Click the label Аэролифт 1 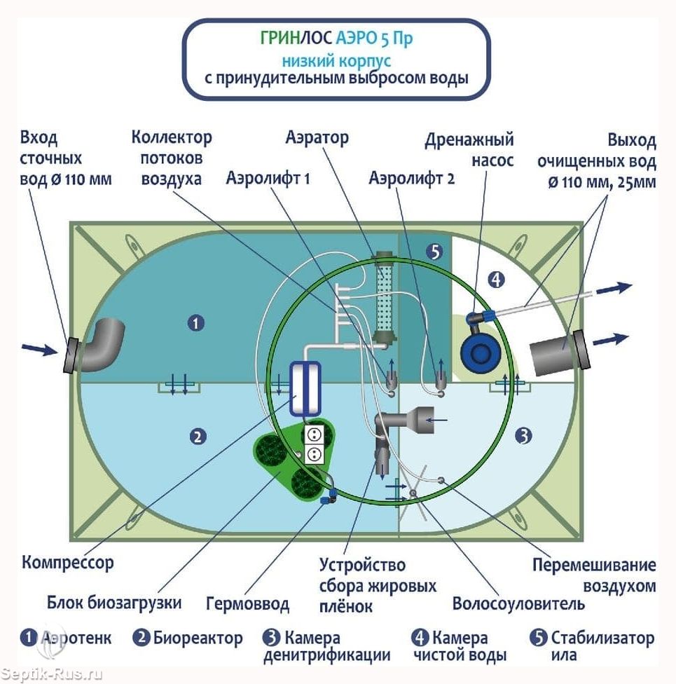(x=268, y=178)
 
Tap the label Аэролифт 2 (x=411, y=178)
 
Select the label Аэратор (x=317, y=137)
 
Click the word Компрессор (x=67, y=563)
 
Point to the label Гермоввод (x=247, y=604)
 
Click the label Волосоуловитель (x=518, y=603)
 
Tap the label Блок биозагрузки (x=114, y=603)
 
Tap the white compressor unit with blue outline (x=305, y=388)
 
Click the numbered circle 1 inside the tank (x=196, y=323)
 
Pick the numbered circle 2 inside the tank (x=198, y=436)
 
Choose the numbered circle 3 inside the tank (x=523, y=435)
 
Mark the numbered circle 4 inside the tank (x=496, y=280)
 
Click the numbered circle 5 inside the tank (x=435, y=252)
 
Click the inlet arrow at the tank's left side (x=39, y=348)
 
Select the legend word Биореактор (x=198, y=638)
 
